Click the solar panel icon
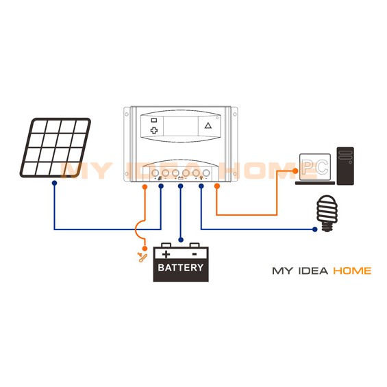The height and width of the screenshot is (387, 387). click(x=55, y=147)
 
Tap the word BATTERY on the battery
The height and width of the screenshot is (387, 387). click(x=181, y=268)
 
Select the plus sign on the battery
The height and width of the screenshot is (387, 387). click(x=166, y=254)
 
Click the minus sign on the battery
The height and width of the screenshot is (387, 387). click(x=195, y=254)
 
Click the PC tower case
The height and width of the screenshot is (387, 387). click(x=345, y=166)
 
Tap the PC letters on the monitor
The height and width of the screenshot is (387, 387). click(x=315, y=167)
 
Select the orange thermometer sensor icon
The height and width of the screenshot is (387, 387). click(x=142, y=257)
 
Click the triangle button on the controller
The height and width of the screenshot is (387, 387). click(x=208, y=125)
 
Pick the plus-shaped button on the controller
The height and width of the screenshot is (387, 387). click(x=154, y=130)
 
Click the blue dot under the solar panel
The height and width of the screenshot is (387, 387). click(x=55, y=183)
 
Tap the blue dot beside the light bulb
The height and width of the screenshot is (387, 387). click(x=314, y=229)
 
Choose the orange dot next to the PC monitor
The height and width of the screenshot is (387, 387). click(x=295, y=171)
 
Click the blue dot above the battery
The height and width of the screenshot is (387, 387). click(x=181, y=240)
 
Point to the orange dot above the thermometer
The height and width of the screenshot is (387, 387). click(x=145, y=248)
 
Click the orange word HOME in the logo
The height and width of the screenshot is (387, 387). click(x=352, y=271)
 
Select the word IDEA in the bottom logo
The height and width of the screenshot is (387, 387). click(x=313, y=271)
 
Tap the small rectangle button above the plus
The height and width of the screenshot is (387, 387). click(x=154, y=120)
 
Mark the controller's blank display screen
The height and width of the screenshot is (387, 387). click(x=180, y=126)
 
